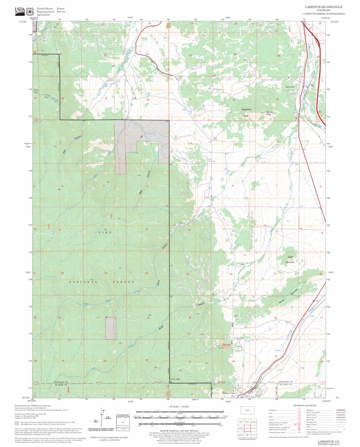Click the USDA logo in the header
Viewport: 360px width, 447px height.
coord(20,10)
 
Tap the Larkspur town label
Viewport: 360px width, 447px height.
coord(290,86)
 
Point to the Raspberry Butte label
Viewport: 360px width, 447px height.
coord(248,111)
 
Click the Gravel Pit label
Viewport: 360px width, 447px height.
coord(227,345)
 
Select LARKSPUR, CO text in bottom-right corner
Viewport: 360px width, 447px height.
coord(328,441)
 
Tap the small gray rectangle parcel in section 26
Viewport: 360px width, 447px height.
coord(111,328)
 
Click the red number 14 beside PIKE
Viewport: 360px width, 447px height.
coord(105,229)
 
